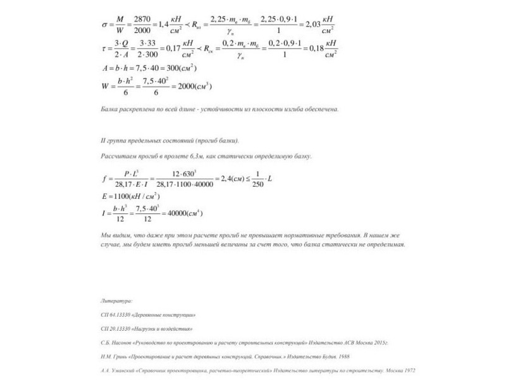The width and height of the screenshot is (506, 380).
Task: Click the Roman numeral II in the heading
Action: point(103,141)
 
